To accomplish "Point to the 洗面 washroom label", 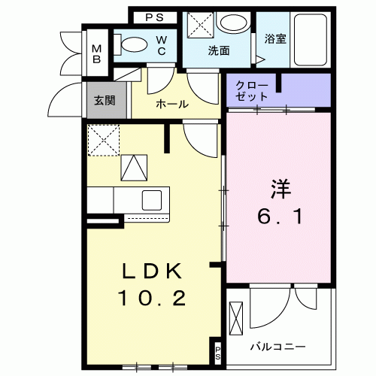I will [218, 51].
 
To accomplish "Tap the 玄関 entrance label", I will [104, 101].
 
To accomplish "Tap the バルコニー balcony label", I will [277, 347].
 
